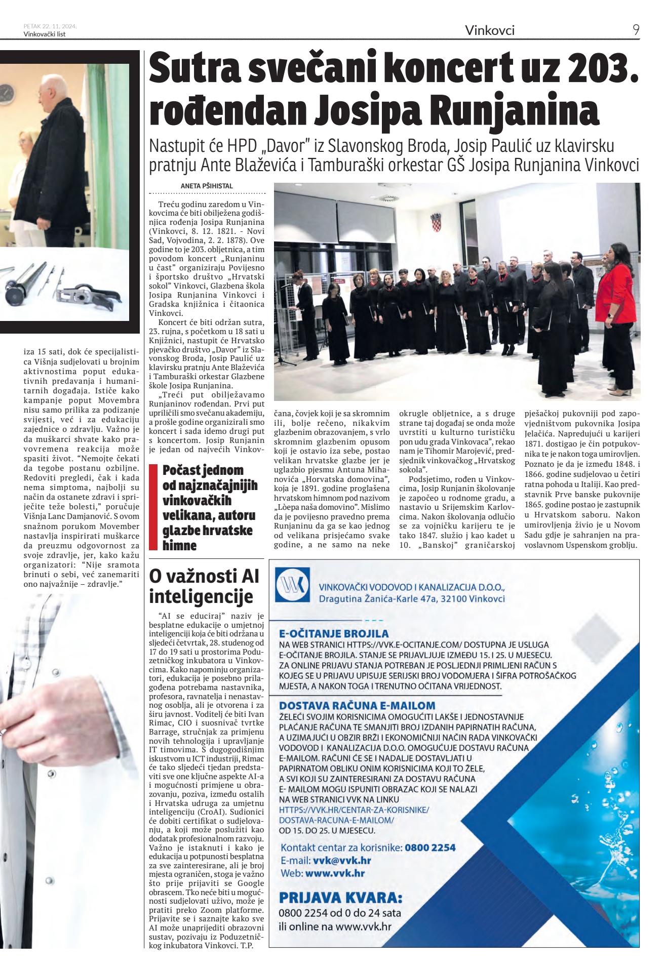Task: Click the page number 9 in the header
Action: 636,30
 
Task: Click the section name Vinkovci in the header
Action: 489,30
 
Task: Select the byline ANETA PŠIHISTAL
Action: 207,186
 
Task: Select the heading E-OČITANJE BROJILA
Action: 334,633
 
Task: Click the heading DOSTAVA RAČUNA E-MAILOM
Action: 357,705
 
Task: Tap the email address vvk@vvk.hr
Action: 342,861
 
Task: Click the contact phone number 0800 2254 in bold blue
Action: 430,847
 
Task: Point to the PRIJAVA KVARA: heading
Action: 340,898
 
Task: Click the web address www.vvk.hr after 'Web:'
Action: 335,873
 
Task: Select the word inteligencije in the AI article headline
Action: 201,596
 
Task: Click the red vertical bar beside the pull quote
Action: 153,507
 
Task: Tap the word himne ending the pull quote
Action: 179,545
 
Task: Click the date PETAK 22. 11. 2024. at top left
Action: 50,26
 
